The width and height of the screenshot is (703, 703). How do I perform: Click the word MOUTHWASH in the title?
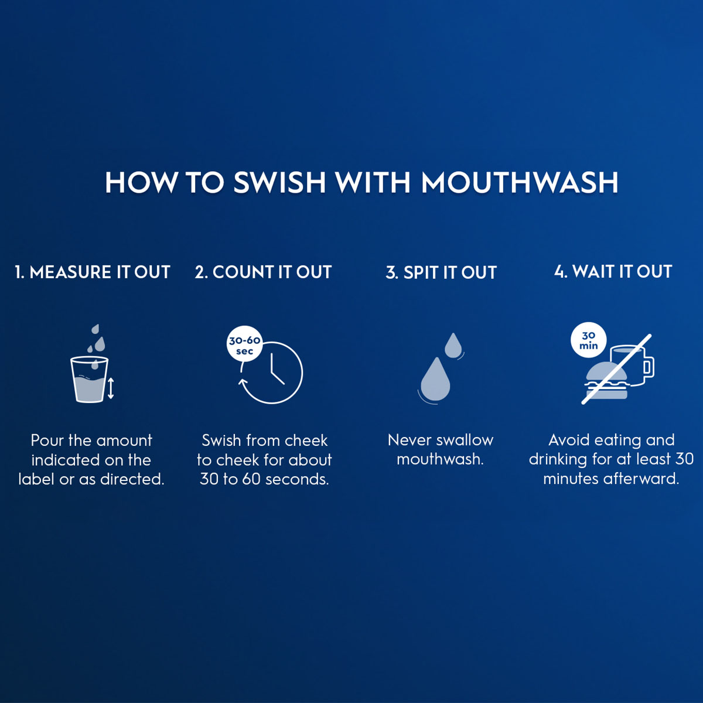click(520, 183)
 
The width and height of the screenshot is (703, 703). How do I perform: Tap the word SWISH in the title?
click(279, 183)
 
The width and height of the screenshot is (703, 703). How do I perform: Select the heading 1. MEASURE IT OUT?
click(93, 272)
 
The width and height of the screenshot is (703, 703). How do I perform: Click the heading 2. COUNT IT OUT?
click(264, 272)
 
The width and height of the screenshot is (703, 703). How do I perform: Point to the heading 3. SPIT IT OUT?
click(441, 273)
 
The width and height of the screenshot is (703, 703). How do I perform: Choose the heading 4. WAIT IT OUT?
click(613, 272)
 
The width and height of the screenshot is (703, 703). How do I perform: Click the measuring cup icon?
click(89, 380)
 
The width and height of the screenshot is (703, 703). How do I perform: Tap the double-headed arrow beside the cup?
click(111, 388)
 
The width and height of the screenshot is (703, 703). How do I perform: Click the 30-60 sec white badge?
click(244, 344)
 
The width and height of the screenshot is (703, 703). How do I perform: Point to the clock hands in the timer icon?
click(275, 371)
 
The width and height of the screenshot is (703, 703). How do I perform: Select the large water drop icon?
click(435, 380)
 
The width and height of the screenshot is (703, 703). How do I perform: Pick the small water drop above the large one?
click(453, 345)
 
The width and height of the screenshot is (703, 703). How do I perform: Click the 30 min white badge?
click(588, 340)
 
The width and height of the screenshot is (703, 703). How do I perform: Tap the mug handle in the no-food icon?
click(648, 367)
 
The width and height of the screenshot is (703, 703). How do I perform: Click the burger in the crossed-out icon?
click(606, 381)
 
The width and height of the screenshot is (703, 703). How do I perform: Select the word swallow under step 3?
click(465, 440)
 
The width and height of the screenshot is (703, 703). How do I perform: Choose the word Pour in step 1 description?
click(47, 441)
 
